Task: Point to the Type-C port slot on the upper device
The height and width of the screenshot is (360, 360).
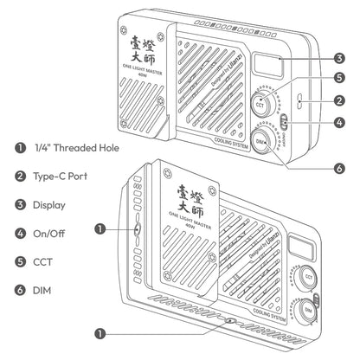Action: [299, 101]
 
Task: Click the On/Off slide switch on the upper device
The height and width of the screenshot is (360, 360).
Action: [282, 120]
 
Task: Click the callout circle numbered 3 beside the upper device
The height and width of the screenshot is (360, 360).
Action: [340, 58]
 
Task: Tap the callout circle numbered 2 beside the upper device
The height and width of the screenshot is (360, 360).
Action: [340, 101]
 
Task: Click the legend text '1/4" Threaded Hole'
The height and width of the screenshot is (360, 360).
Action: [77, 148]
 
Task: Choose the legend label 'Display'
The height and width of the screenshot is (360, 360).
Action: [50, 204]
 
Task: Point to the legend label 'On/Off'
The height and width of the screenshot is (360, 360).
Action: [49, 233]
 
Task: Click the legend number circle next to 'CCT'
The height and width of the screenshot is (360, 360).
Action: [19, 261]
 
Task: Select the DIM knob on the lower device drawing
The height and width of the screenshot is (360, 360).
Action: [309, 308]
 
